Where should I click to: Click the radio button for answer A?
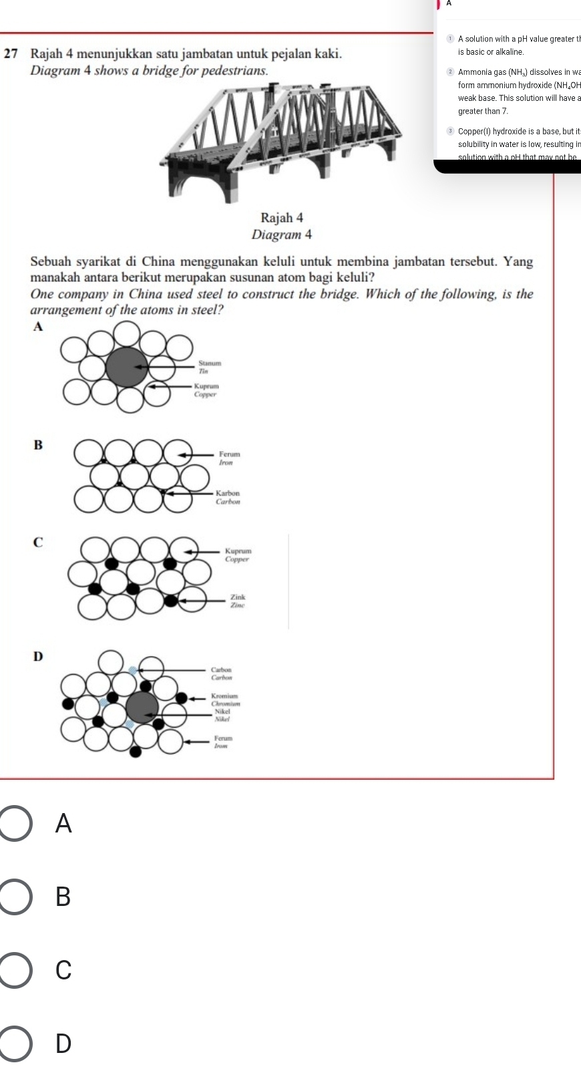[x=15, y=824]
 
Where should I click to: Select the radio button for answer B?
[x=15, y=897]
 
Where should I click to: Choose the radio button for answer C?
[x=15, y=969]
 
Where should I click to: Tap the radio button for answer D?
[x=15, y=1042]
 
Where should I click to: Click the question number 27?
[x=11, y=52]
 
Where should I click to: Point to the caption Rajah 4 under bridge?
[x=281, y=218]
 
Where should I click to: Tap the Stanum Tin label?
[x=208, y=366]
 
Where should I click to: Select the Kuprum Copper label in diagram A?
[x=206, y=390]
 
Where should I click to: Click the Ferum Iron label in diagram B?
[x=228, y=458]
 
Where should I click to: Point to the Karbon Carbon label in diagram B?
[x=228, y=496]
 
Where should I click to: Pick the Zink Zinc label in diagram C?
[x=238, y=600]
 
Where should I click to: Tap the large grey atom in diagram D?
[x=143, y=708]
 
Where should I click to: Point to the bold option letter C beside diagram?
[x=37, y=543]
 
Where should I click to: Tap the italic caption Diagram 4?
[x=281, y=235]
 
